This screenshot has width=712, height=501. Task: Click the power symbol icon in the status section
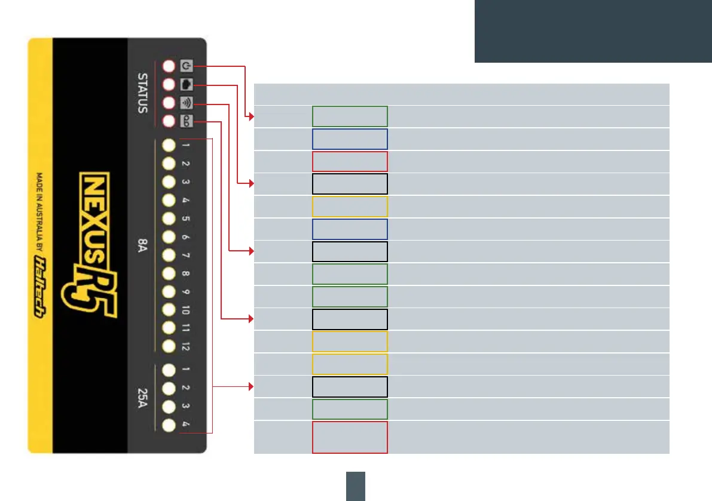[187, 66]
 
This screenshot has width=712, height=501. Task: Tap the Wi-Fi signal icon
[187, 102]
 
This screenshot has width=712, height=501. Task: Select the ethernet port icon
[187, 84]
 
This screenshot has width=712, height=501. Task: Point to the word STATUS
[143, 93]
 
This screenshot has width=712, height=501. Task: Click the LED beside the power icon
[169, 66]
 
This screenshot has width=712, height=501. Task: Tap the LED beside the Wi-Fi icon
[169, 102]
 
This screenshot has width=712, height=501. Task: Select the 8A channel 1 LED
[169, 145]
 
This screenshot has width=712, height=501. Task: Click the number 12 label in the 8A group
[186, 345]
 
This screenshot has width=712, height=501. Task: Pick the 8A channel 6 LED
[169, 236]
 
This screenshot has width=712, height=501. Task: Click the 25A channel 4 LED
[169, 425]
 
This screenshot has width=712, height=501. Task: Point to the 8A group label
[143, 245]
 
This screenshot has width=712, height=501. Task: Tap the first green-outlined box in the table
[350, 116]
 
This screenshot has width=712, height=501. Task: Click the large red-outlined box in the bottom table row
[350, 437]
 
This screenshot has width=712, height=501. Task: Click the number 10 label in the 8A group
[186, 309]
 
